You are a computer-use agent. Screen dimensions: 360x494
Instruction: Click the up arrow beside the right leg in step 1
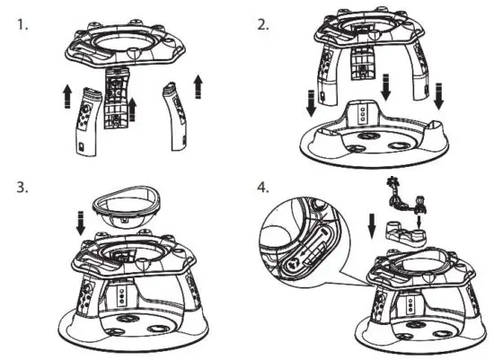(198, 86)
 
